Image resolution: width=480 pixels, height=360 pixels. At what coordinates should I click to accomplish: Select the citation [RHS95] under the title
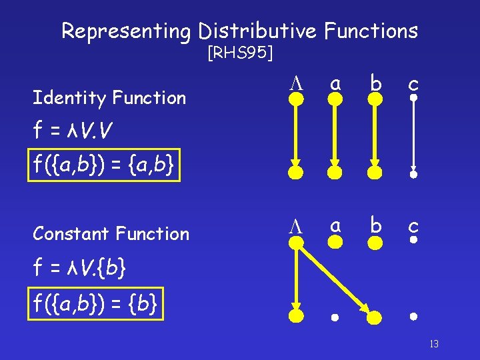239,53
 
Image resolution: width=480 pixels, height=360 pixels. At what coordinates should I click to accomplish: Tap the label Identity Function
109,98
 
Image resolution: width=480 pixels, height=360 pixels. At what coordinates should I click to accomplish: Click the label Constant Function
111,234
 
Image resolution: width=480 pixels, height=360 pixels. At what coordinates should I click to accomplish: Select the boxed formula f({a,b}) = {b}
97,305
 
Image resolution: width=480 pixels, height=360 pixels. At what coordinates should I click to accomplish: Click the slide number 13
433,344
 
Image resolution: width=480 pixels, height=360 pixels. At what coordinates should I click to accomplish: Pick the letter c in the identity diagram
413,83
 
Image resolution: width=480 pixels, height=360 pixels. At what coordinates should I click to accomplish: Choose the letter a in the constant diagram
337,226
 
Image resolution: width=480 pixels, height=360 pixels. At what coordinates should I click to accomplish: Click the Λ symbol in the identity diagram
295,83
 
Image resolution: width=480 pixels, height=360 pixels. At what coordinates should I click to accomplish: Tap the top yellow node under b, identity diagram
375,99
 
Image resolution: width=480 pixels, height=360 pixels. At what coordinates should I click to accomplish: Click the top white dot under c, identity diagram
413,99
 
